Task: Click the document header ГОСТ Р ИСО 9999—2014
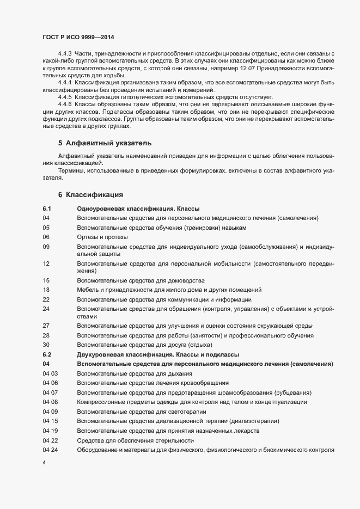tap(78, 38)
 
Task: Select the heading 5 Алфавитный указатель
tap(100, 143)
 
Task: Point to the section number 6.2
tap(46, 354)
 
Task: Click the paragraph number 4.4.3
tap(65, 53)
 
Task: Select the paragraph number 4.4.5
tap(65, 96)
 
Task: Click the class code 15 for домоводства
tap(46, 280)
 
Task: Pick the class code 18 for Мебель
tap(46, 290)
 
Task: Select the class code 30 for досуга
tap(46, 345)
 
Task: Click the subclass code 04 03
tap(50, 373)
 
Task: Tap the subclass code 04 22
tap(50, 440)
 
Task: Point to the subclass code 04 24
tap(50, 450)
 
